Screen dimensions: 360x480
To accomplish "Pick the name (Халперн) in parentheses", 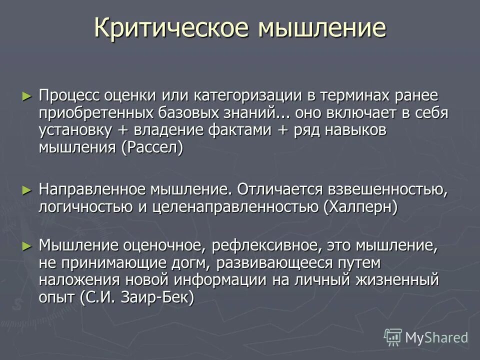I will pyautogui.click(x=360, y=207).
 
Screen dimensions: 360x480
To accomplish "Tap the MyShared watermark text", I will pyautogui.click(x=436, y=338).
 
